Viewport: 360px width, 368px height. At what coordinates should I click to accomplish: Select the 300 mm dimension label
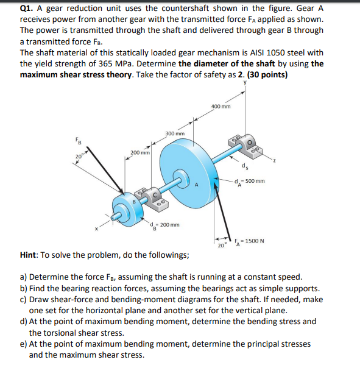(x=174, y=133)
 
